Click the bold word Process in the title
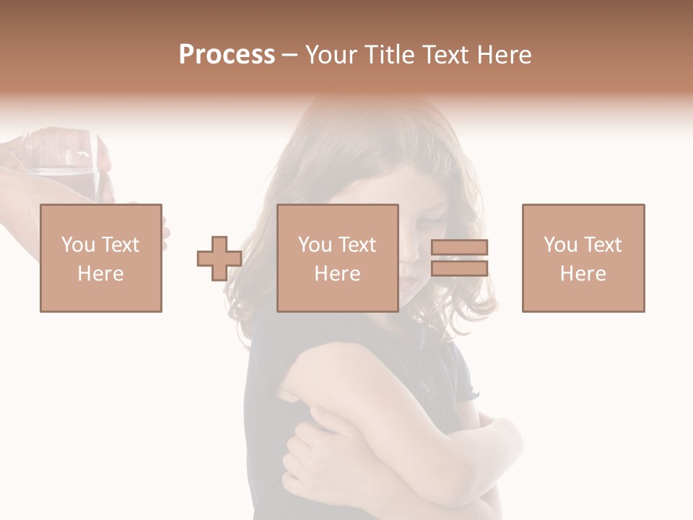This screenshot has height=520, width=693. (227, 55)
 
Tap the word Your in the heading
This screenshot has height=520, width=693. (331, 55)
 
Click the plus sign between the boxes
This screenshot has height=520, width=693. (219, 259)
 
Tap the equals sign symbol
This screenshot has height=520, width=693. (459, 258)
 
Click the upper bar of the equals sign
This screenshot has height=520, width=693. (459, 248)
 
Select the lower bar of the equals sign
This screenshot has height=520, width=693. (459, 268)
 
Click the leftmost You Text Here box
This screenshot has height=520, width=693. (101, 258)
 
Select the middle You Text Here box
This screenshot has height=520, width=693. (338, 258)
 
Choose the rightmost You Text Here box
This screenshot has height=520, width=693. (583, 258)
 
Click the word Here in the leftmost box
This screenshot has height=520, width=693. (101, 274)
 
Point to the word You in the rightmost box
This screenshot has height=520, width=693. (560, 245)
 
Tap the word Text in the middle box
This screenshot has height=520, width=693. (357, 245)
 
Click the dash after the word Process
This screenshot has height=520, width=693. (289, 55)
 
